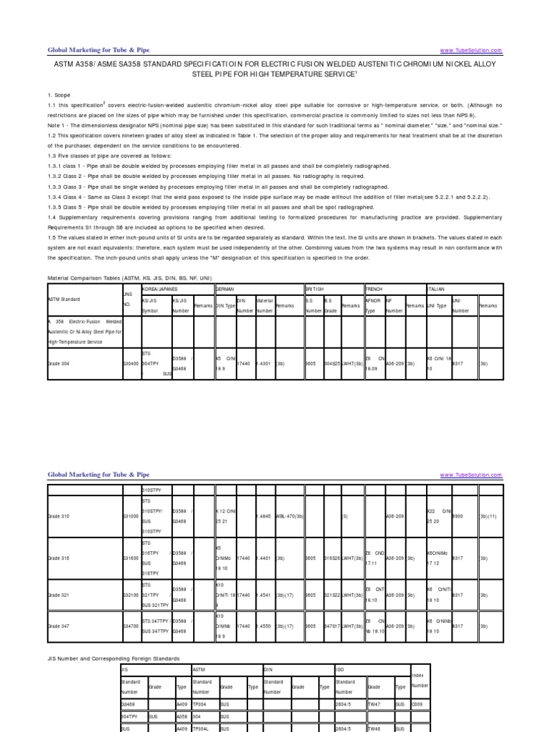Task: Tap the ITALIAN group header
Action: click(437, 289)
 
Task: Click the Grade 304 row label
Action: click(60, 363)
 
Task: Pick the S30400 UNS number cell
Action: click(131, 363)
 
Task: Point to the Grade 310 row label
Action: click(60, 515)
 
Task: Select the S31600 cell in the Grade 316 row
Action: click(131, 556)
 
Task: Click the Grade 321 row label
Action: click(60, 594)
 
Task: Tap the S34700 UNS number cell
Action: click(131, 625)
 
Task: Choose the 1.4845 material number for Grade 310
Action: click(264, 515)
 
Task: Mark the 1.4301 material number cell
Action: click(264, 363)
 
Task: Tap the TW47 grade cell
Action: click(374, 703)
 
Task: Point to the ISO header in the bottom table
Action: click(340, 669)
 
